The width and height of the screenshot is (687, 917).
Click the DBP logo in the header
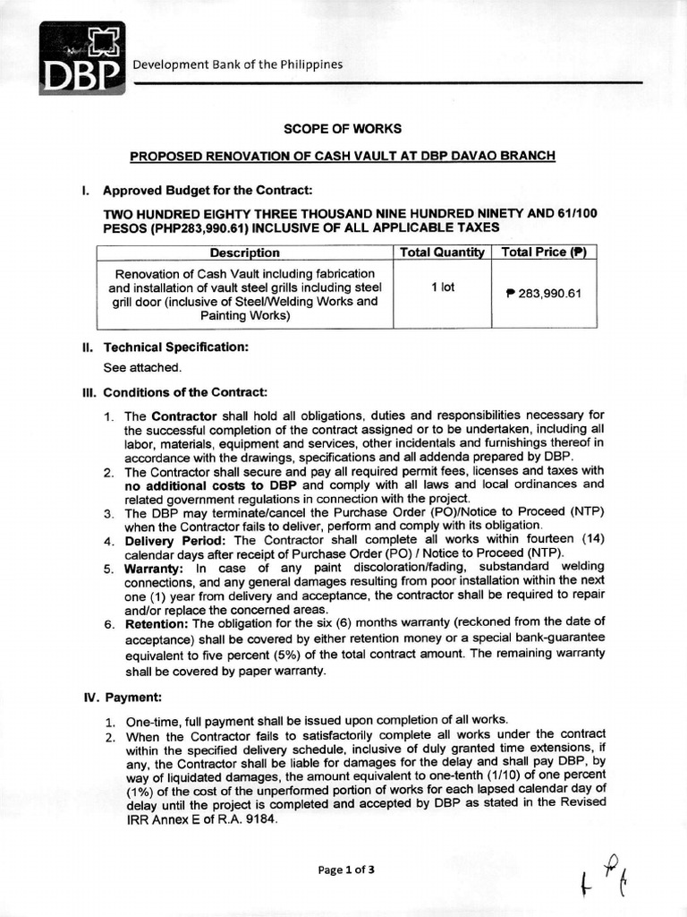(x=81, y=58)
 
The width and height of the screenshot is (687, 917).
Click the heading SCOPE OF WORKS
(x=343, y=129)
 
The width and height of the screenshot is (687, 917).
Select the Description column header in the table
(x=244, y=253)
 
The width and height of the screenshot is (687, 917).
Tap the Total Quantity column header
(x=442, y=253)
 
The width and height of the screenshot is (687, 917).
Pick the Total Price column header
(x=544, y=253)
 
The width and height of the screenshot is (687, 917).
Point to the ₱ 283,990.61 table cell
(x=544, y=294)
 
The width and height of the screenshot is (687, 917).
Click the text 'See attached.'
(x=142, y=367)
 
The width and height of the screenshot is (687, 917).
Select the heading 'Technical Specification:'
(x=175, y=347)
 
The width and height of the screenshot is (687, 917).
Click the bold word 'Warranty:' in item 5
(x=154, y=569)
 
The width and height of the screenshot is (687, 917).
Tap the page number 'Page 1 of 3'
(x=343, y=869)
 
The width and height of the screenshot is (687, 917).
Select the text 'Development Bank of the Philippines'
(x=238, y=64)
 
